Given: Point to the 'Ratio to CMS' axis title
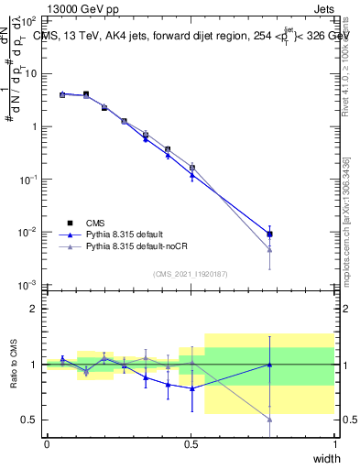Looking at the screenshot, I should point(16,365).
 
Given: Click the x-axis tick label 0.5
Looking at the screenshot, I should point(191,443).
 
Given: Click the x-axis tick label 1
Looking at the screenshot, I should point(334,443).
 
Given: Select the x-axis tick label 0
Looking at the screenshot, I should point(47,443).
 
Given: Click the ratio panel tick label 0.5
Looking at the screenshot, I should point(32,420).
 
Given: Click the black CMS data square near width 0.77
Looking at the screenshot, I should point(269,234).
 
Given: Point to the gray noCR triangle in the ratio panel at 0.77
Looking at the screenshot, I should point(269,420).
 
